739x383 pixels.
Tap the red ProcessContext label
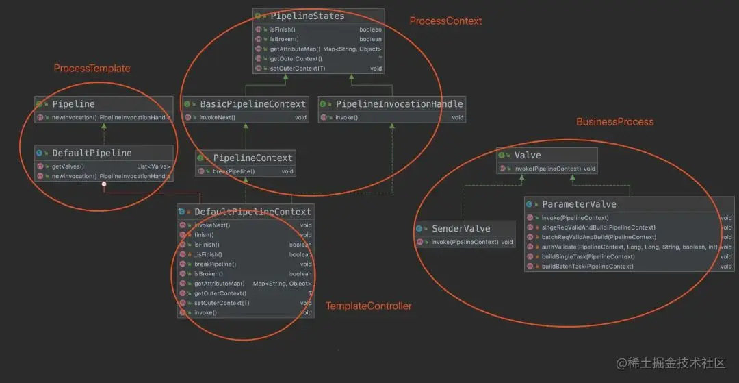point(445,21)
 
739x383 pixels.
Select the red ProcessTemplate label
point(92,69)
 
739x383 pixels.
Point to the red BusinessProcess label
point(614,122)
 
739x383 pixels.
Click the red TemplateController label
point(368,306)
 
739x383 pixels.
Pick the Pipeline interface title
point(73,104)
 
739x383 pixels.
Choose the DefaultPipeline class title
point(92,153)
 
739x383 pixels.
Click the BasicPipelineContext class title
point(252,104)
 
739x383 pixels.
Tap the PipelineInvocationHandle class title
point(399,104)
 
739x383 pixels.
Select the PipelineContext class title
point(252,158)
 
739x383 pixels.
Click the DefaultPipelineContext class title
point(252,212)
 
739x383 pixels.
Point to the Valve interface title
point(528,156)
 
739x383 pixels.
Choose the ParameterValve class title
point(579,204)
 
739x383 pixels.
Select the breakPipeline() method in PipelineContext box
point(233,171)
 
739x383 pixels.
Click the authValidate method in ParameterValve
point(627,247)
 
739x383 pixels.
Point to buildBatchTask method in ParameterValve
point(587,266)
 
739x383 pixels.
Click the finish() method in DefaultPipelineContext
point(205,234)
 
